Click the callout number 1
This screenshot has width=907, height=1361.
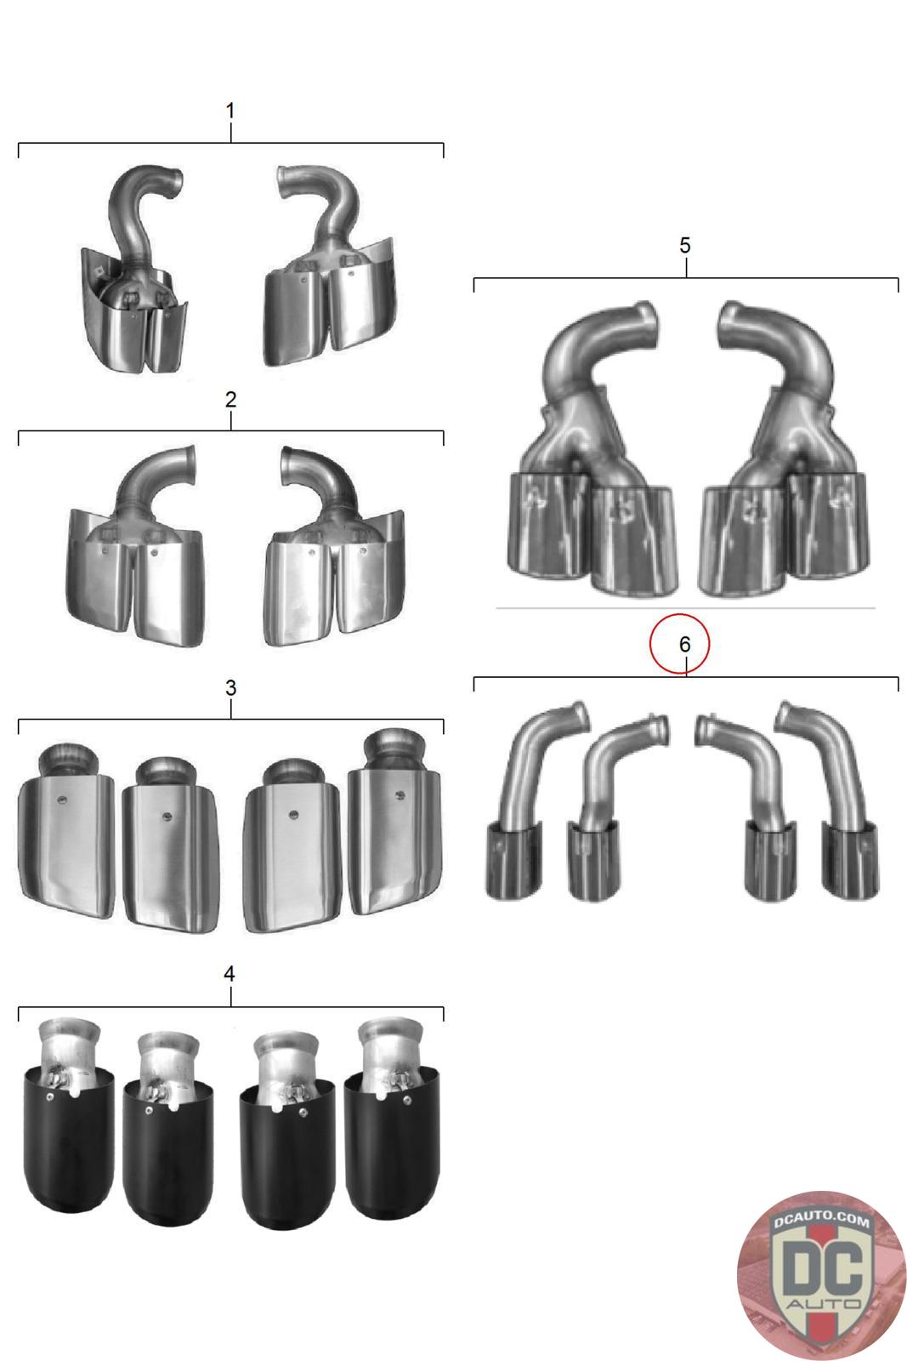point(230,111)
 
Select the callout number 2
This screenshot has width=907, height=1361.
point(230,399)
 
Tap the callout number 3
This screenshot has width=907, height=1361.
point(230,688)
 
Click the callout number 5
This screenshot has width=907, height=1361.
point(685,246)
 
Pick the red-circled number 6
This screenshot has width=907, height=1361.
point(684,644)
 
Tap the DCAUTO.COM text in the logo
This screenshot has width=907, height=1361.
point(821,1220)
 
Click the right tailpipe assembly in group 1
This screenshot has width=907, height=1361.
point(330,265)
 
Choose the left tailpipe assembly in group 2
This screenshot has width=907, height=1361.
point(135,546)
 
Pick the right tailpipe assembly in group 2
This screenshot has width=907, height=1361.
point(334,546)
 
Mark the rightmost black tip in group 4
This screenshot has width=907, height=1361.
point(392,1118)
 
